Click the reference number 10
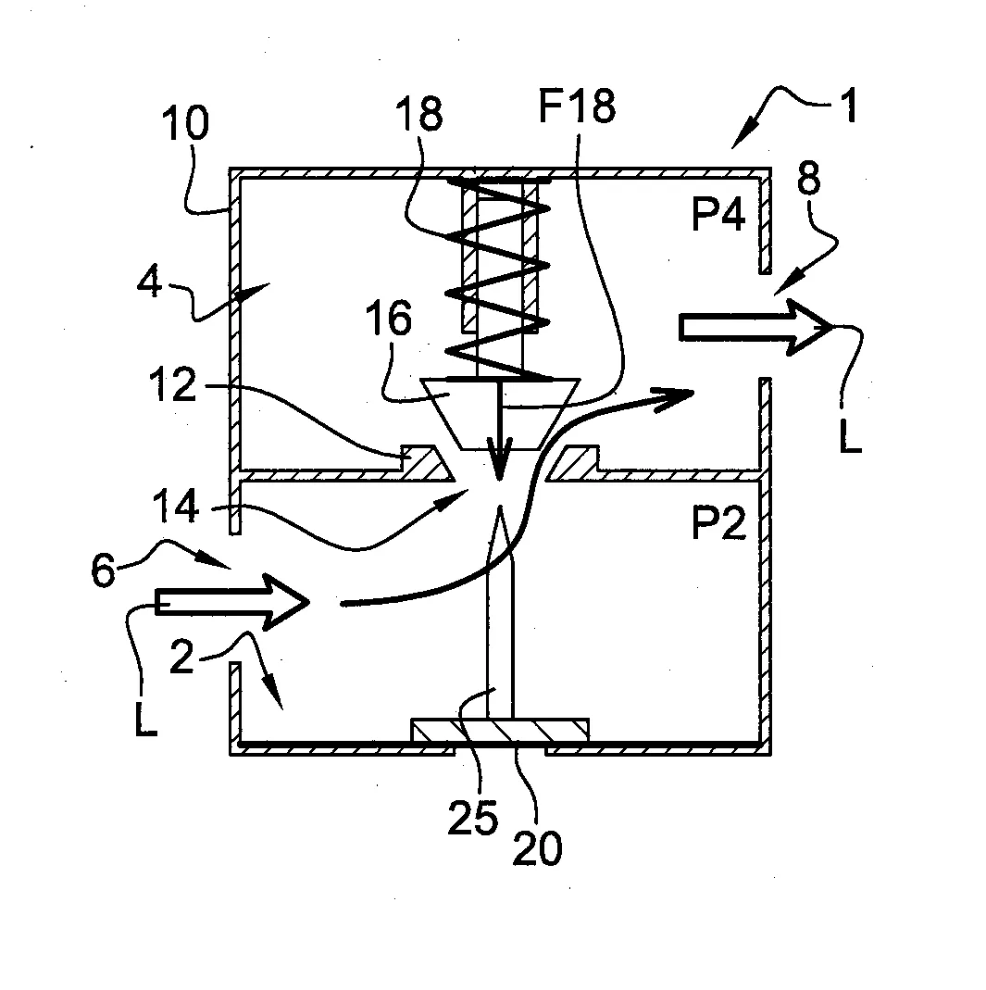[x=185, y=123]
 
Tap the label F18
[x=576, y=108]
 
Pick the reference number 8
[x=808, y=182]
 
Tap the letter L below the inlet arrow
[x=144, y=721]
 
